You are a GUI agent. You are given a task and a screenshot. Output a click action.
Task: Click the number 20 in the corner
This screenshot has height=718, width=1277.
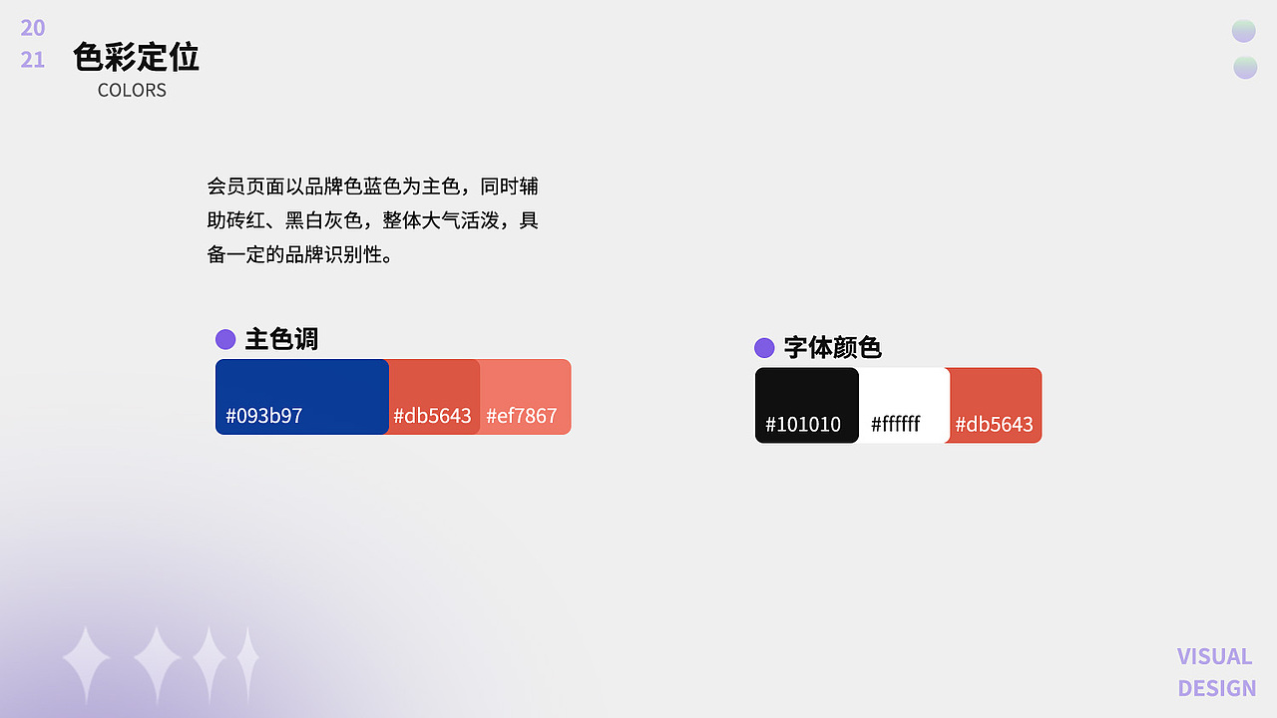click(x=33, y=28)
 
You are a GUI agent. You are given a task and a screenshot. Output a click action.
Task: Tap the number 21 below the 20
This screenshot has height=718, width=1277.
click(x=33, y=60)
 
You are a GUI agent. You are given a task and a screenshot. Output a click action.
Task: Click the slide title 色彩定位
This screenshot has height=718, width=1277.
click(x=136, y=57)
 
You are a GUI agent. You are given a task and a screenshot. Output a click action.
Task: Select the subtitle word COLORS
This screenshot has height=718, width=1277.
click(x=132, y=90)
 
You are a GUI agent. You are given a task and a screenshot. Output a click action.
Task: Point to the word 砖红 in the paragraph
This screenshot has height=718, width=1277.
click(x=252, y=220)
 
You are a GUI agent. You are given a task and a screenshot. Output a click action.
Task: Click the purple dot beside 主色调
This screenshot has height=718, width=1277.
click(x=225, y=339)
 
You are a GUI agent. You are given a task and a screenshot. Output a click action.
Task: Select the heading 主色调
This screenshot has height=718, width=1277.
click(x=281, y=339)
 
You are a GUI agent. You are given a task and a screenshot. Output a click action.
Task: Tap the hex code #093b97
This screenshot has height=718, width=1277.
click(x=264, y=416)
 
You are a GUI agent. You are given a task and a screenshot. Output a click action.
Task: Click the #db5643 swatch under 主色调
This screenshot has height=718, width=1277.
click(x=433, y=397)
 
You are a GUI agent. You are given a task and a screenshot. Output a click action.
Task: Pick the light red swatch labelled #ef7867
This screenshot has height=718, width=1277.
click(x=525, y=397)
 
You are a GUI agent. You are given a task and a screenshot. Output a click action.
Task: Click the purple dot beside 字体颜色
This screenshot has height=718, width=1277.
click(x=764, y=347)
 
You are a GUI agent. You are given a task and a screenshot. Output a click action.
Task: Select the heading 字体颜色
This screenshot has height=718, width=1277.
click(x=832, y=347)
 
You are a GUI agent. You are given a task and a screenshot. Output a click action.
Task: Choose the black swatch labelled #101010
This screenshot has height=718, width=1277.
click(x=806, y=405)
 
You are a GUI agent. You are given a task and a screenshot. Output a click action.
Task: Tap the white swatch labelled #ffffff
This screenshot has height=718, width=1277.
click(x=903, y=405)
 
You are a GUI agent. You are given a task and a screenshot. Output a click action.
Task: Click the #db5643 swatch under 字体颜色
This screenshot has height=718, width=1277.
click(x=995, y=405)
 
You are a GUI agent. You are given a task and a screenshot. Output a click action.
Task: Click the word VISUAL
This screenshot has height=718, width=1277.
click(x=1214, y=656)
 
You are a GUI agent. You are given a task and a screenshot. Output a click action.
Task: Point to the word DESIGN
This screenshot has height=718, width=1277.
click(x=1216, y=688)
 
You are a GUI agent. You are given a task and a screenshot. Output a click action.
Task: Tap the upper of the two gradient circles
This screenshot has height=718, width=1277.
click(x=1243, y=31)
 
